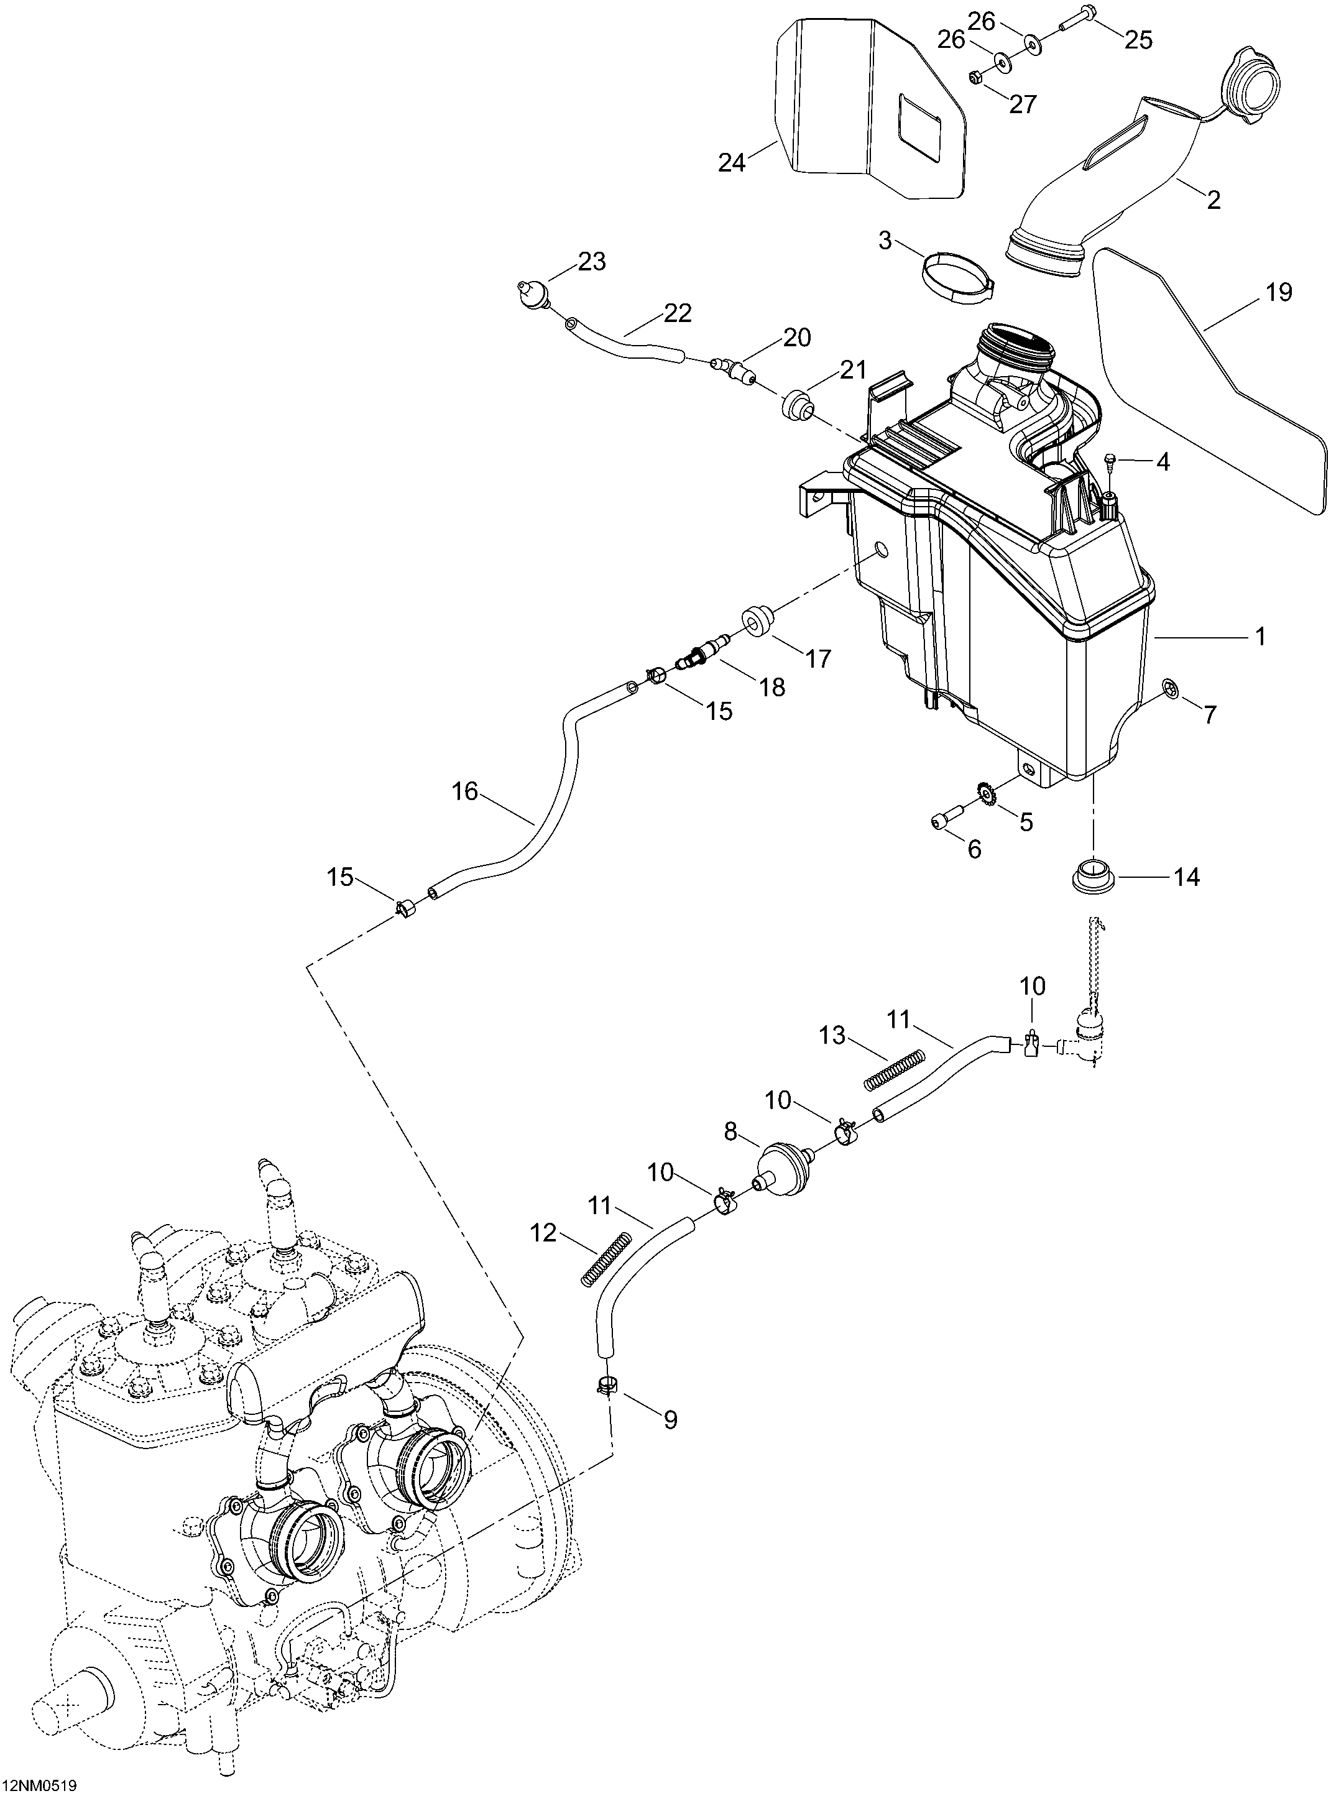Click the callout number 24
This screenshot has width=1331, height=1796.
click(732, 163)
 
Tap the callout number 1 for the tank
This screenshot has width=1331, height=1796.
click(1260, 637)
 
